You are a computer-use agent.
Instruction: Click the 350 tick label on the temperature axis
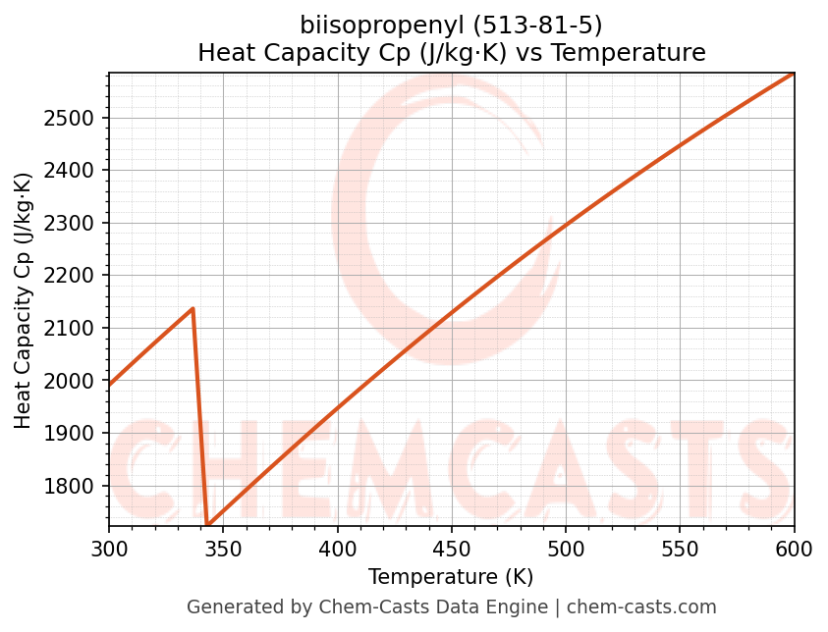223,549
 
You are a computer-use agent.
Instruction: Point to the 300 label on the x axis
109,549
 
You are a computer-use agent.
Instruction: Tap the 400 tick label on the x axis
337,549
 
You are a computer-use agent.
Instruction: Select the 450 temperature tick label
452,549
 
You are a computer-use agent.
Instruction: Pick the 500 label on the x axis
566,549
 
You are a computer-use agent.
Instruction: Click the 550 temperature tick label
680,549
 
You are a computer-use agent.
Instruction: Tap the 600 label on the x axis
794,549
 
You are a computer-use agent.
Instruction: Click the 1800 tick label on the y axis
79,486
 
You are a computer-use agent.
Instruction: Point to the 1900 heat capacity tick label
79,433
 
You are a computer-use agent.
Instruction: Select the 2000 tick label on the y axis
79,381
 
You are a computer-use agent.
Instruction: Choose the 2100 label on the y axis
79,328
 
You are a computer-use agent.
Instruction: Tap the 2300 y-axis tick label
79,223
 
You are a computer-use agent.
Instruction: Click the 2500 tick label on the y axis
79,118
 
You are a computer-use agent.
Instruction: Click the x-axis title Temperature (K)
451,577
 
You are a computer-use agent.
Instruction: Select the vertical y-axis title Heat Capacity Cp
24,300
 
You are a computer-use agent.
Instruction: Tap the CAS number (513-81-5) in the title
539,25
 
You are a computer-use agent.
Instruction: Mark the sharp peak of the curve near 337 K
193,308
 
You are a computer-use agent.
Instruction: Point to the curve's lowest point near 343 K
207,524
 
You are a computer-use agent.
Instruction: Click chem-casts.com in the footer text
641,607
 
